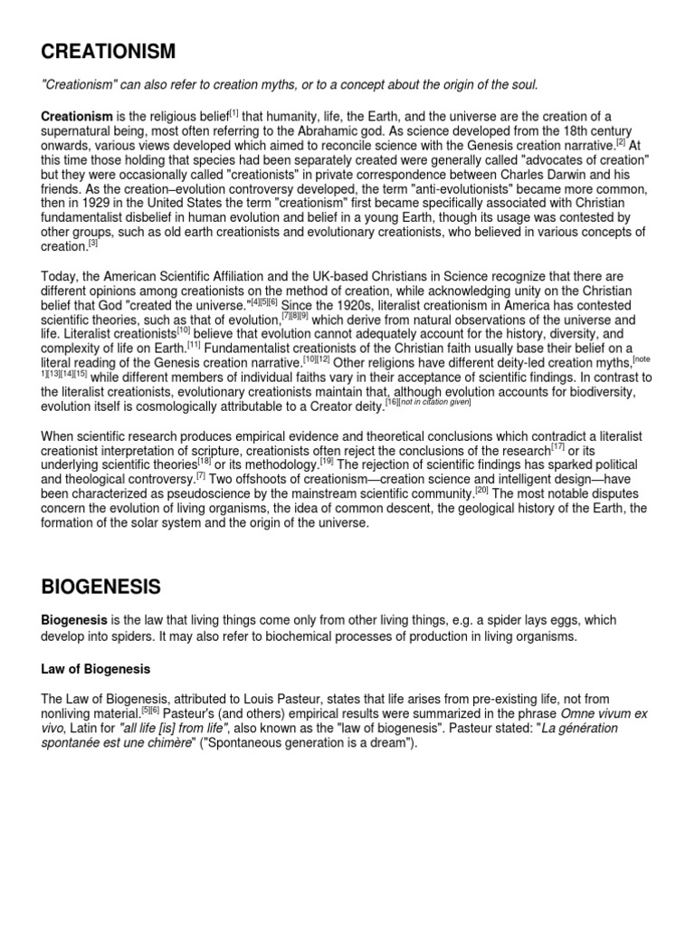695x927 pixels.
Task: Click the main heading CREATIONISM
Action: pos(108,52)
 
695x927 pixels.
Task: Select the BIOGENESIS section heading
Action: pos(100,588)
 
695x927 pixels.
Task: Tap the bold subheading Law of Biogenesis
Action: pos(95,669)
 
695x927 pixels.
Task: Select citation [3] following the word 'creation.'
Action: pos(91,243)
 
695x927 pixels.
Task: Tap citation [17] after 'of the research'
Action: pos(558,446)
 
